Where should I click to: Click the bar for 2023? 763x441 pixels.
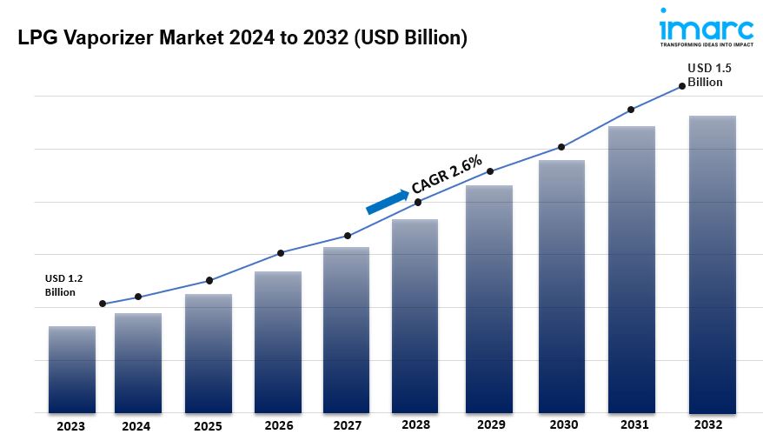coord(72,370)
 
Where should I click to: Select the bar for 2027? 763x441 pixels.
coord(347,331)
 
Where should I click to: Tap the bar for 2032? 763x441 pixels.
coord(712,264)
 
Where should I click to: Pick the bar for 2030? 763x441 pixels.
coord(561,287)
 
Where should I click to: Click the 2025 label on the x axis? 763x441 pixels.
coord(209,426)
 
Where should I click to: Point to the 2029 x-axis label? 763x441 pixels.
coord(492,426)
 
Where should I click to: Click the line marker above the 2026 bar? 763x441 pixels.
coord(281,253)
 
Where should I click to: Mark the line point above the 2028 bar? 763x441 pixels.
coord(418,202)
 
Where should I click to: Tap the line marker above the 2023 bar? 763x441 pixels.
coord(103,304)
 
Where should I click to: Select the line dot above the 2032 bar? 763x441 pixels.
coord(681,85)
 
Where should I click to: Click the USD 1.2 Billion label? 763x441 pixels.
coord(63,285)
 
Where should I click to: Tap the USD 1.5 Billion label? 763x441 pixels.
coord(705,75)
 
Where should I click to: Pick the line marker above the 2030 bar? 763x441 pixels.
coord(561,147)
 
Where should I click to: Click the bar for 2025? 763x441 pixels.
coord(209,353)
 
